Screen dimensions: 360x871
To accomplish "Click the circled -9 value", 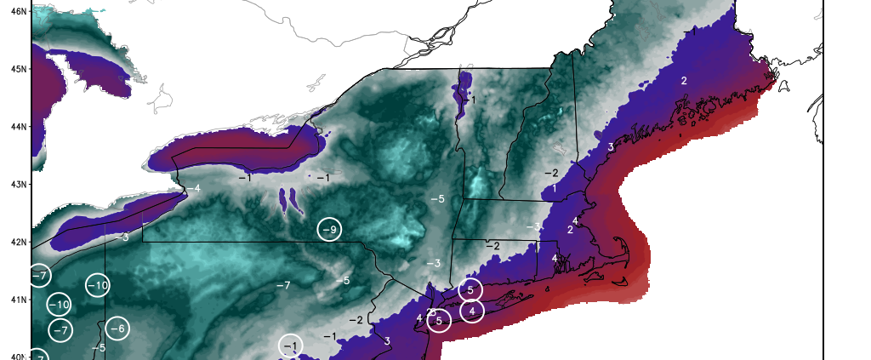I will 330,230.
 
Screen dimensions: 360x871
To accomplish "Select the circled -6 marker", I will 118,329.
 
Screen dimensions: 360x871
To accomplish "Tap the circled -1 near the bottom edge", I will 290,346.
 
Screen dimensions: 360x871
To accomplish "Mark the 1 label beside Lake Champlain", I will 474,100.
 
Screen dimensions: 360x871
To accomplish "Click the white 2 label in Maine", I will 683,80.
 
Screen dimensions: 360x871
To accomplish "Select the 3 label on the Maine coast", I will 611,147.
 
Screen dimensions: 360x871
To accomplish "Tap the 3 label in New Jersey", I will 387,341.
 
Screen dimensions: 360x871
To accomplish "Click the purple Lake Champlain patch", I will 464,92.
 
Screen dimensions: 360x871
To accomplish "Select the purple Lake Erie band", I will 119,220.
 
